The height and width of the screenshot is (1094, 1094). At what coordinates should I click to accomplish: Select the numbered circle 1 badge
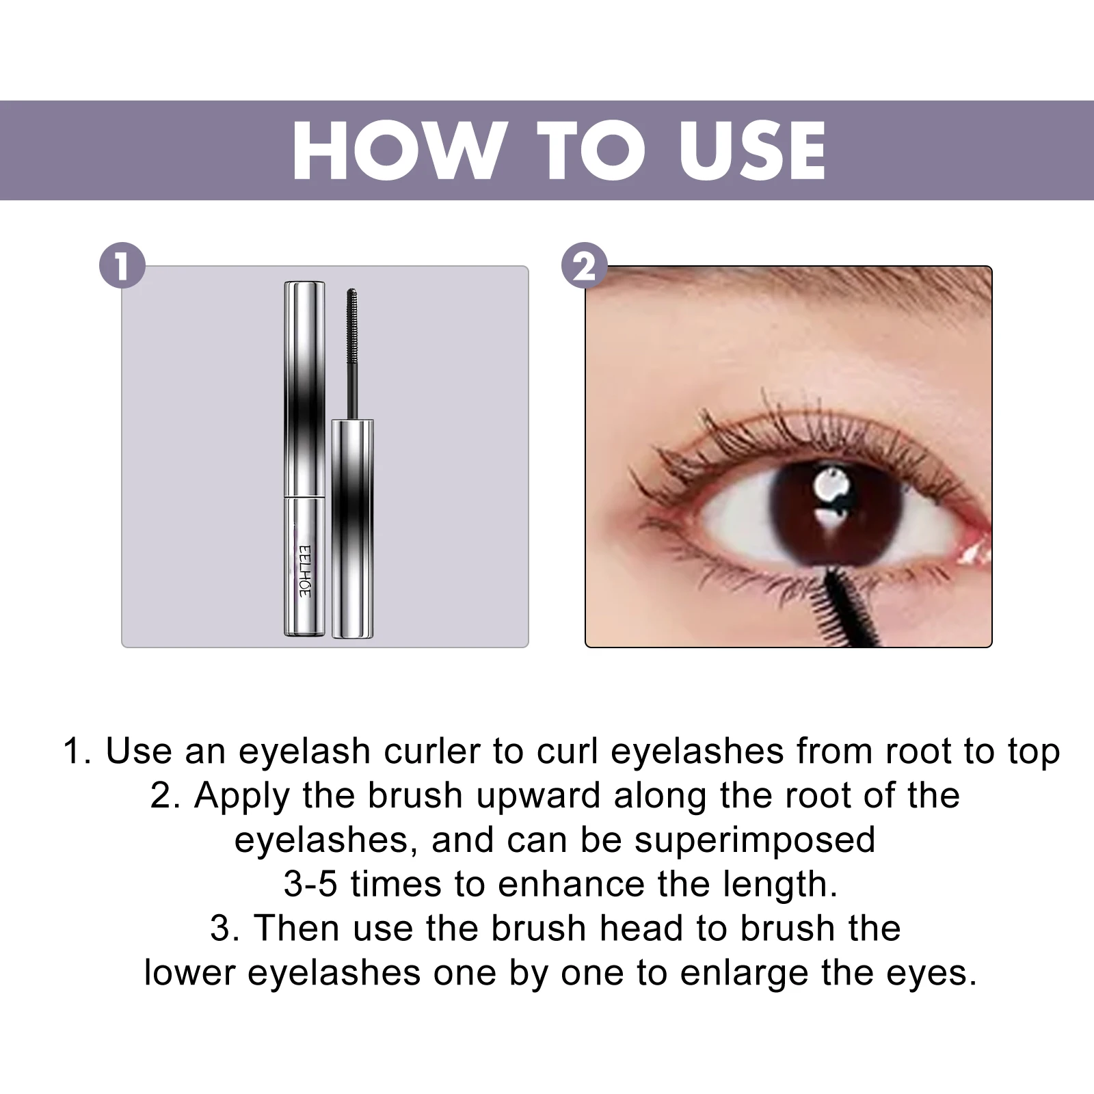click(x=122, y=265)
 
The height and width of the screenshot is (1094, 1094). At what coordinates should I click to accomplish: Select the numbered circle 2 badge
click(x=584, y=265)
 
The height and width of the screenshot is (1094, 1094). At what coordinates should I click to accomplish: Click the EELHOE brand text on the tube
click(x=305, y=570)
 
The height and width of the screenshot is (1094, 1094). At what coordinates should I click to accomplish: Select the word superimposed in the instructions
click(x=755, y=840)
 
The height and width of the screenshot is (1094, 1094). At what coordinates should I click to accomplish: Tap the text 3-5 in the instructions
click(x=310, y=884)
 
